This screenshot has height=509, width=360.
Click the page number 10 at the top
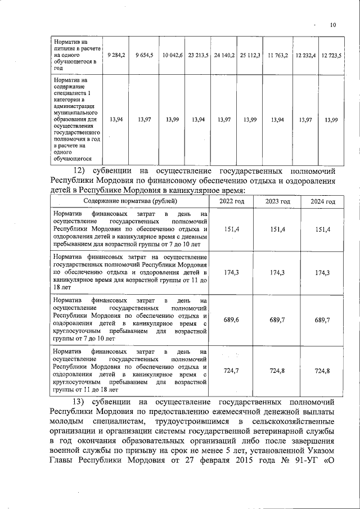332,25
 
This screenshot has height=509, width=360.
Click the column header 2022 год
232,201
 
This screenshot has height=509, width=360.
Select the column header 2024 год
323,201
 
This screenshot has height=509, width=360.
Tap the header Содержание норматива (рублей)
130,201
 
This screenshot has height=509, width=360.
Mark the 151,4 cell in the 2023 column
277,229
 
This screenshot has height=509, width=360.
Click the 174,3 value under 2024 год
323,272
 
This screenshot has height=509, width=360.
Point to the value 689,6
232,319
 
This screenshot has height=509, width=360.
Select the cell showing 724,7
232,370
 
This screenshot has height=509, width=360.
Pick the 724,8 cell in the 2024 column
323,370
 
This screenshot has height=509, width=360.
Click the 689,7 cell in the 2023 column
277,319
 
